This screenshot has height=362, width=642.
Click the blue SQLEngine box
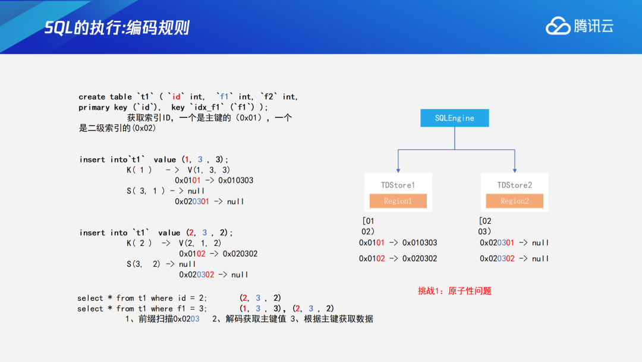455,118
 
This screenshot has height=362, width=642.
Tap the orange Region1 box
398,201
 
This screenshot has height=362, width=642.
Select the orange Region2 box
514,201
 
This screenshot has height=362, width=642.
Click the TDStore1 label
398,185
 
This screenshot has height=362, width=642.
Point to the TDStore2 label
515,185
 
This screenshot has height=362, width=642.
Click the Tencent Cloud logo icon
558,26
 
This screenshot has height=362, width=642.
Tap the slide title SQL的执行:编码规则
117,27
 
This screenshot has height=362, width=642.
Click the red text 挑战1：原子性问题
455,291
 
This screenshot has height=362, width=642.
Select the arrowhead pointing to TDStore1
398,170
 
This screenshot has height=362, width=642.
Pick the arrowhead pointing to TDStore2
515,170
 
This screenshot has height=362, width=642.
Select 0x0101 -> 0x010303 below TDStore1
398,243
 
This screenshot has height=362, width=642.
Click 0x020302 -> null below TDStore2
514,258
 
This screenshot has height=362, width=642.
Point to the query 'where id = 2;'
179,298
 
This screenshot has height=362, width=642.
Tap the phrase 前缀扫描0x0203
168,319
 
